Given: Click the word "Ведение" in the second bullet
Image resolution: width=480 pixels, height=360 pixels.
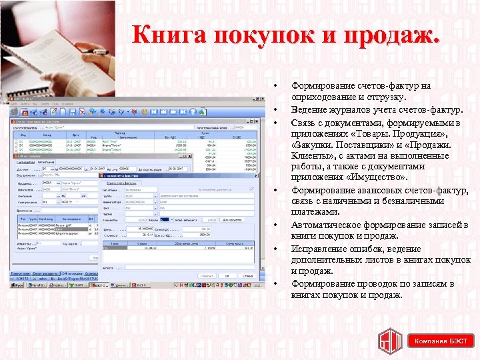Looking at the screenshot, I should (x=307, y=109).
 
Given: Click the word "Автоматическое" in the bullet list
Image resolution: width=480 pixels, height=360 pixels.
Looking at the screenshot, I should (x=325, y=225).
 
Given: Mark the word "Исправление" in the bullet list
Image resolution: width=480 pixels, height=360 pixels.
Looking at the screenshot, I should (x=318, y=249).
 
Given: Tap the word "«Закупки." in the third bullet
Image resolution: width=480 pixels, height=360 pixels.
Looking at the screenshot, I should (x=313, y=145).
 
